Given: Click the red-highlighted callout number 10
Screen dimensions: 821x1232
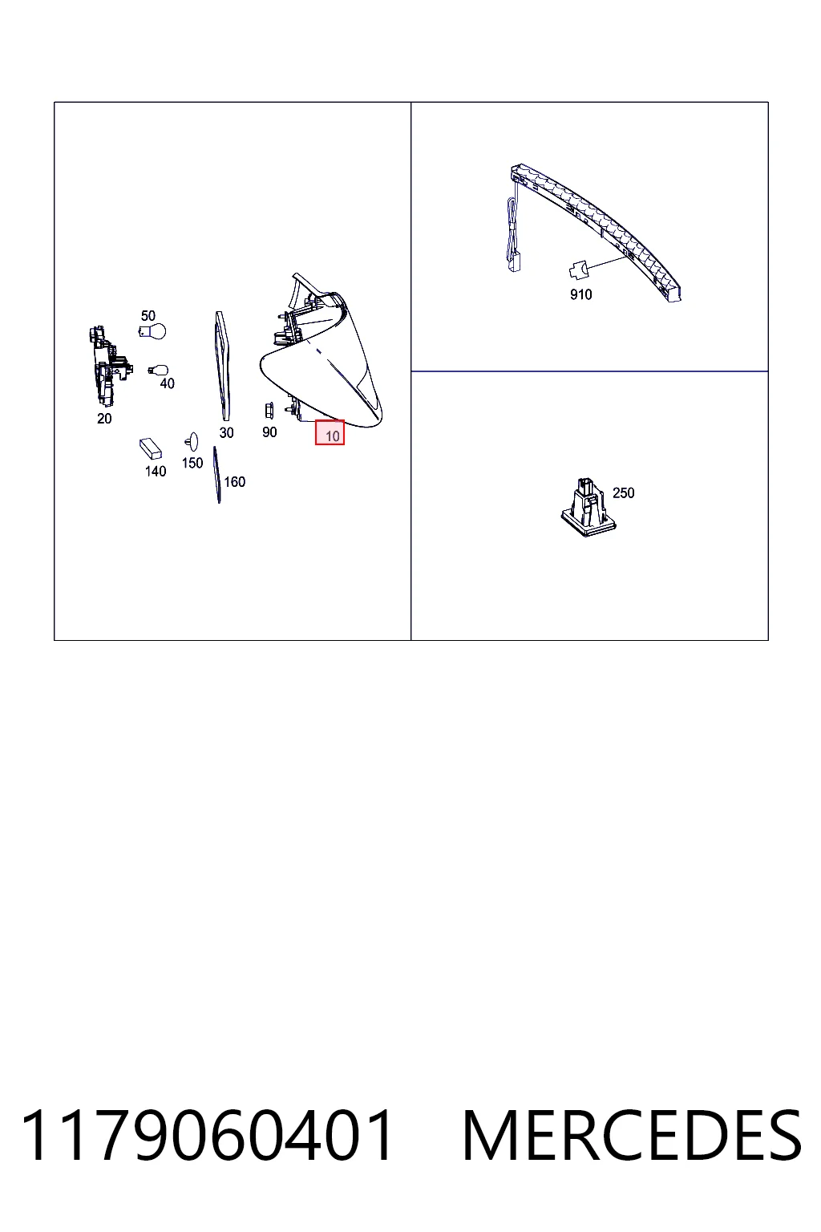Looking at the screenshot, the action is (x=332, y=436).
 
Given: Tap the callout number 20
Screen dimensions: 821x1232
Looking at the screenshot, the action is (x=104, y=419).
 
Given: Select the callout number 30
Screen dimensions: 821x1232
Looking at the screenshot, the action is (x=226, y=433).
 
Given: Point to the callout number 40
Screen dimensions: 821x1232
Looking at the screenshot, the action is (x=168, y=383).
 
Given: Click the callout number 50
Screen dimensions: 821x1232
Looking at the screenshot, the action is (x=148, y=316).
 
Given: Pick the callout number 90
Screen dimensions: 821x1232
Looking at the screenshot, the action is (x=269, y=432).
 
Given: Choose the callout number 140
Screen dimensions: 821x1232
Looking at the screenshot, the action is (x=156, y=472).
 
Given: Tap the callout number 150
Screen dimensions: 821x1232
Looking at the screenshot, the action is (x=192, y=463).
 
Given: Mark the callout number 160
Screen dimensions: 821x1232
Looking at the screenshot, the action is (x=234, y=482).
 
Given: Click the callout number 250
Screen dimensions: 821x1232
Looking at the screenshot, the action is (x=624, y=492).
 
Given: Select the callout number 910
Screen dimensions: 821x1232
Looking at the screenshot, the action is (x=580, y=295).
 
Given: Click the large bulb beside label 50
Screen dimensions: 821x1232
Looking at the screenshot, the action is (x=152, y=331).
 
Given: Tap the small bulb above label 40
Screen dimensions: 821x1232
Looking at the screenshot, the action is (x=159, y=370).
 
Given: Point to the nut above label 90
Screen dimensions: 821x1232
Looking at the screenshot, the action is (x=269, y=411).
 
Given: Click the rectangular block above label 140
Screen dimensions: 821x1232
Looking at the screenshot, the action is (x=151, y=448).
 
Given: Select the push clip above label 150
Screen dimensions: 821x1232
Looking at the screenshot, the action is (x=192, y=442).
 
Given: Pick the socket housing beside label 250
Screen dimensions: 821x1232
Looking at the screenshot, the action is (x=588, y=507).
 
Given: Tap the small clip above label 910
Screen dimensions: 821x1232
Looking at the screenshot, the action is (x=578, y=270).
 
